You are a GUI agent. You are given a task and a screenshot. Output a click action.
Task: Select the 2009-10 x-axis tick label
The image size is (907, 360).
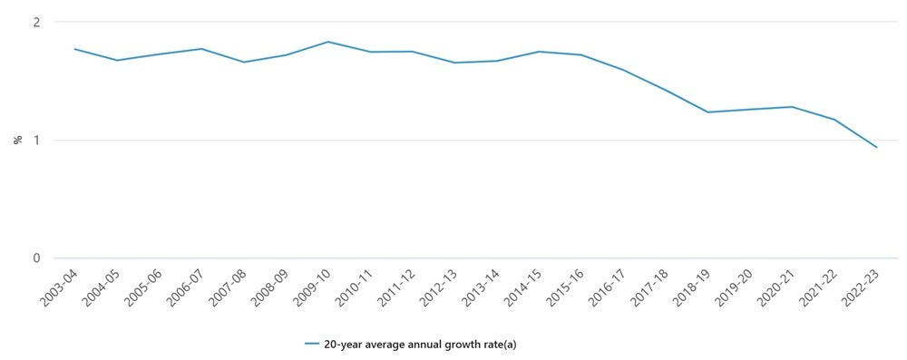point(309,288)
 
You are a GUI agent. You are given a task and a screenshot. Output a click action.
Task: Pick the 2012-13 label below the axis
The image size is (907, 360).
point(436,288)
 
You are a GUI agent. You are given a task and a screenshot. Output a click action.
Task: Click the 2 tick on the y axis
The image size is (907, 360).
point(36,22)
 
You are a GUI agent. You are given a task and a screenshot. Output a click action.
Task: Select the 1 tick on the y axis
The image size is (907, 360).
point(36,141)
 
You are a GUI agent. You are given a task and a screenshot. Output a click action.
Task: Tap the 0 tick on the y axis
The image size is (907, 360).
point(36,258)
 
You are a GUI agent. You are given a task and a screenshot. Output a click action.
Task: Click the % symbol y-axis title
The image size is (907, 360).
point(17,140)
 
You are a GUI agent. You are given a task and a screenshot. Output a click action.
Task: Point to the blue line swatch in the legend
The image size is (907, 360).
point(312,345)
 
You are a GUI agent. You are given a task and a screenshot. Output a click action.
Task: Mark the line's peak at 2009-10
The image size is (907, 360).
point(327,42)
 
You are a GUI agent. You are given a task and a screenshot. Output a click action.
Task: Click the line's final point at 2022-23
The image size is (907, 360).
point(877,147)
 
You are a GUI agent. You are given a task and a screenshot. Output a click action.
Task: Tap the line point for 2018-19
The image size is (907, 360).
point(707,112)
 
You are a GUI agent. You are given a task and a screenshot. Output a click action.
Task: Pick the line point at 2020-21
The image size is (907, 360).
point(792,107)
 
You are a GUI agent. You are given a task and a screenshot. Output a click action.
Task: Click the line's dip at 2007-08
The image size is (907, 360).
point(243,63)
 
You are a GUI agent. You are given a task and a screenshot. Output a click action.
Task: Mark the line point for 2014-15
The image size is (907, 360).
point(539,52)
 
